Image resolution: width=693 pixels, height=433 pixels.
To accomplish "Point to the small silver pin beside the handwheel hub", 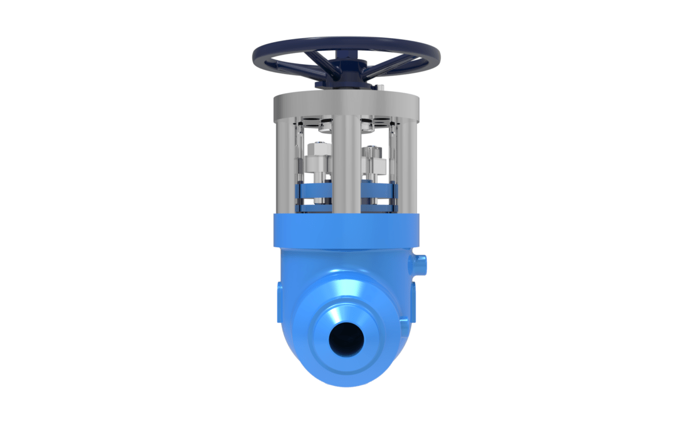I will [x=382, y=87].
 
